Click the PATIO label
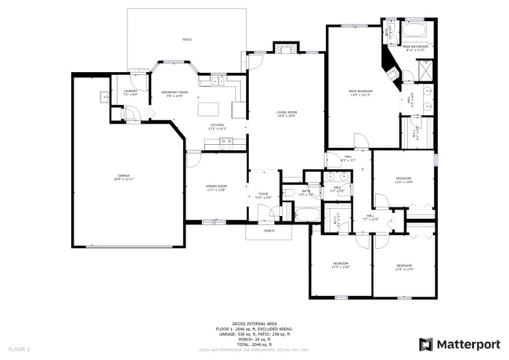(x=186, y=39)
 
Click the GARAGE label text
(x=124, y=177)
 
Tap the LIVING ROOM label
(x=287, y=114)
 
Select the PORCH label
(x=269, y=231)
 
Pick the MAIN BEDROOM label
(x=360, y=92)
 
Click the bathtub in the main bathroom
(x=413, y=31)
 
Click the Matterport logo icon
(x=425, y=344)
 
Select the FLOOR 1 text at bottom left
(x=19, y=347)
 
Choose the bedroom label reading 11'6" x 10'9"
(x=404, y=180)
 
